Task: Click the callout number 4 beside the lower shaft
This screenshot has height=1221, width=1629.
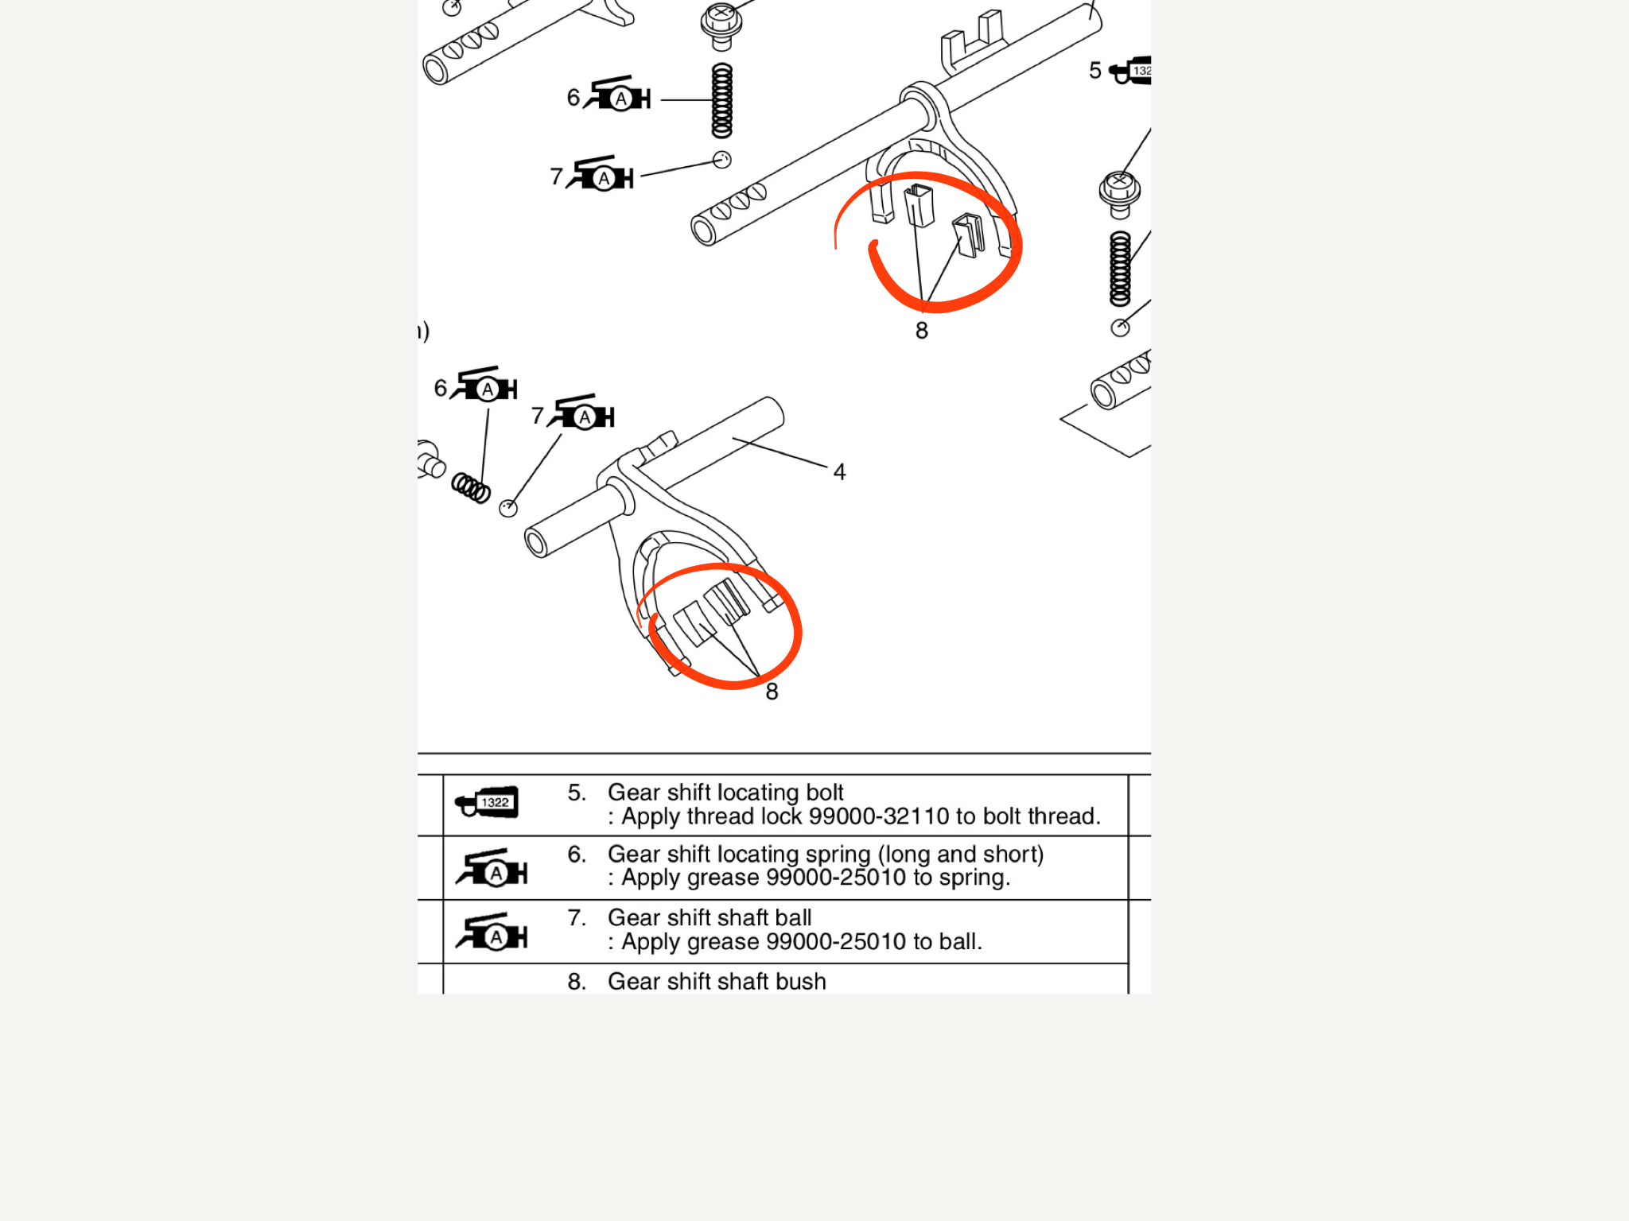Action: tap(839, 472)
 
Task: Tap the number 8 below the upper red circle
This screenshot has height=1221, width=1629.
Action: tap(921, 330)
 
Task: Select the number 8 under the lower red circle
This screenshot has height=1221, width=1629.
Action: tap(772, 692)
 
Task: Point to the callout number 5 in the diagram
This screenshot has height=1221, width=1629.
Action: tap(1095, 71)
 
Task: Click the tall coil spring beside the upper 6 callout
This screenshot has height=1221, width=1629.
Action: tap(721, 101)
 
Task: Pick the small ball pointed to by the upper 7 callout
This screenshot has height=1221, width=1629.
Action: tap(721, 160)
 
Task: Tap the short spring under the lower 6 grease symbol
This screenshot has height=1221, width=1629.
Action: tap(471, 486)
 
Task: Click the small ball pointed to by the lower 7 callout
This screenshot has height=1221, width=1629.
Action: tap(508, 508)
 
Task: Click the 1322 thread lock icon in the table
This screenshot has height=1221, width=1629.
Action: tap(488, 803)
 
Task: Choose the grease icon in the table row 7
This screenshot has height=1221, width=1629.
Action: tap(492, 933)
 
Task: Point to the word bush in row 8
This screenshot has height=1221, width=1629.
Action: tap(800, 982)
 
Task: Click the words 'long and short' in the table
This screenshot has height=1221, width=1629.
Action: tap(960, 855)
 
